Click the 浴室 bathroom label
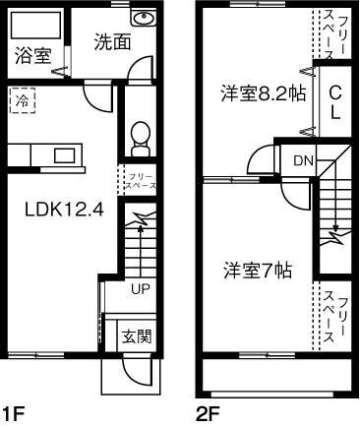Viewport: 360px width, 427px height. tap(32, 56)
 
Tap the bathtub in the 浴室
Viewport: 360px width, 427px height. tap(35, 25)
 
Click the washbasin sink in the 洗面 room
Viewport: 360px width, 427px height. tap(144, 20)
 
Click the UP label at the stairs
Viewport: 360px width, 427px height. tap(140, 288)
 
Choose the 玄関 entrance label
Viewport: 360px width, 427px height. tap(137, 335)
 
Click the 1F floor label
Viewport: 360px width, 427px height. tap(12, 413)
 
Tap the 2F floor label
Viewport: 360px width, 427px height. tap(206, 413)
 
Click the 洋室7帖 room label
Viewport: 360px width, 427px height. tap(255, 269)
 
